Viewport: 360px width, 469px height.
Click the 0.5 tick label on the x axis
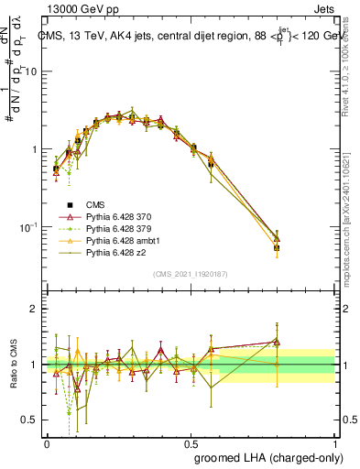point(191,443)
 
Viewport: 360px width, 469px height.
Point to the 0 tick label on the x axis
point(47,443)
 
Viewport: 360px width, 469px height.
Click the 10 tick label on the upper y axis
point(30,71)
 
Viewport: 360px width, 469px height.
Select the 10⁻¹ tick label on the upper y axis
point(27,226)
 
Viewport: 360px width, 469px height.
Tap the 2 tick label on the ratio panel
point(34,309)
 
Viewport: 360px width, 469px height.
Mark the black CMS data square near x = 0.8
point(277,247)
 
